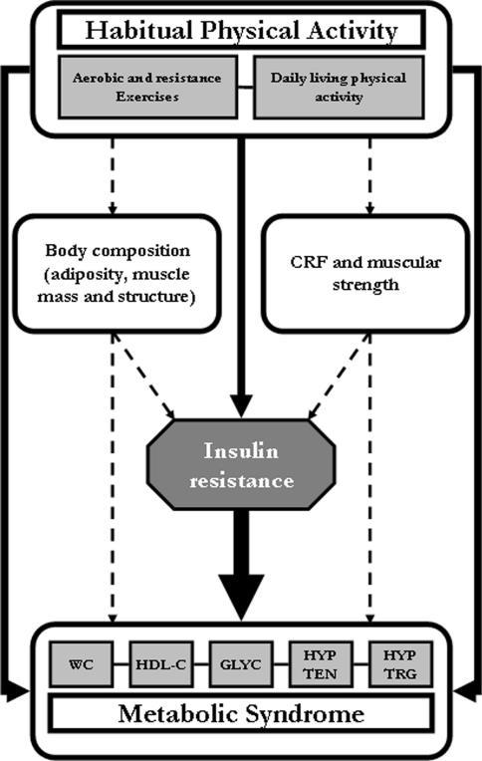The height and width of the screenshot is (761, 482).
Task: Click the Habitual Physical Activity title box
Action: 241,30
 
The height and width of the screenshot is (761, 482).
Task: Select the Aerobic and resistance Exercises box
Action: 147,87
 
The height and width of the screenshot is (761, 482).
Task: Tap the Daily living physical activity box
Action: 339,87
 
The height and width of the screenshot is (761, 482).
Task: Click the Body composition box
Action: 117,274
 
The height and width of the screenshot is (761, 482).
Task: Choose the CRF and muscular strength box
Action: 366,274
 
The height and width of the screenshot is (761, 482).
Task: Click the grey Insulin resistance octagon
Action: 241,464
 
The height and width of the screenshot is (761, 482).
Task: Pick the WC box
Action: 81,664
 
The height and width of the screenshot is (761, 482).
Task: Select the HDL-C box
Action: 160,664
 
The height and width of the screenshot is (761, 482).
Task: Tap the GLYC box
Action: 241,664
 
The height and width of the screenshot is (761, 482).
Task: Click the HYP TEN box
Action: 321,664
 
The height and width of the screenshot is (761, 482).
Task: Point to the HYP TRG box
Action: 400,664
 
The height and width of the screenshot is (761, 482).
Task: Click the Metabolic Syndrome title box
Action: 241,714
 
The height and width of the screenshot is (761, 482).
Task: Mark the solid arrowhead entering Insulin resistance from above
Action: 241,406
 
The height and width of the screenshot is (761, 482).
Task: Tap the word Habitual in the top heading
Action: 138,30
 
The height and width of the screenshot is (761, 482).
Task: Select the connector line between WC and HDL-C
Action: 121,664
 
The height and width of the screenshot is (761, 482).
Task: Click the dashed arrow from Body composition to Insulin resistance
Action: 143,377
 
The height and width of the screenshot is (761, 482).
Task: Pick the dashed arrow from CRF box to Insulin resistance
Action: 340,377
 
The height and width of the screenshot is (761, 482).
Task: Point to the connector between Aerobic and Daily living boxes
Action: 246,88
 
